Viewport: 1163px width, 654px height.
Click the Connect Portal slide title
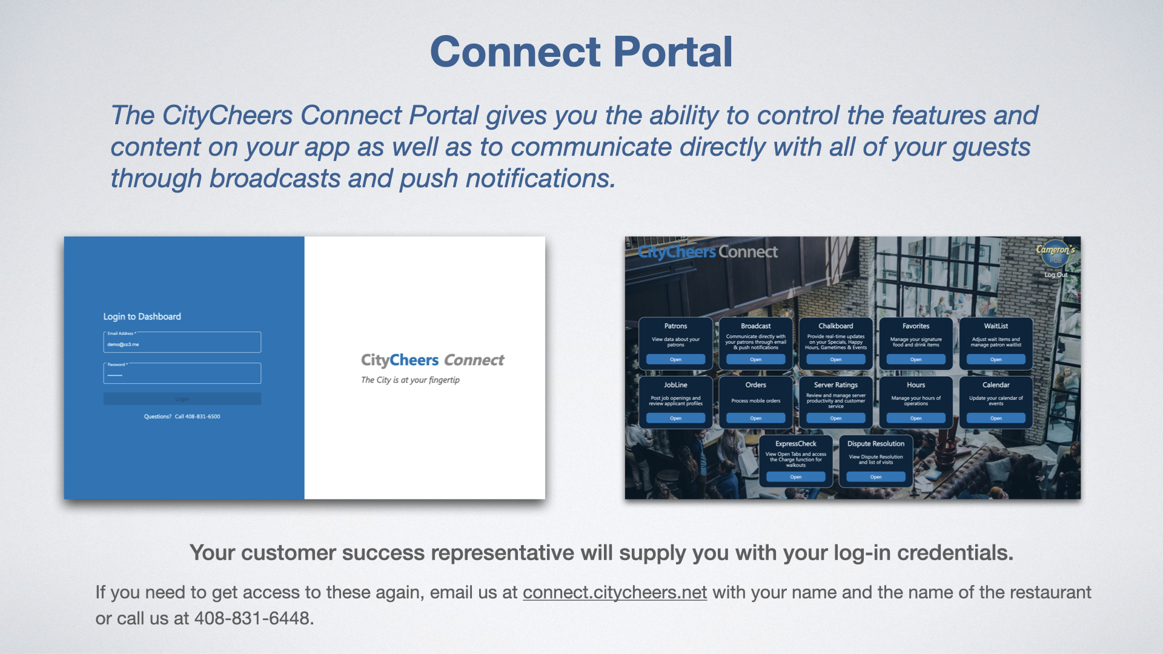click(x=581, y=51)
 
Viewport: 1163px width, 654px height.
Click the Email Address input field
click(x=182, y=343)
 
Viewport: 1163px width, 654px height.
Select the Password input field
click(x=182, y=374)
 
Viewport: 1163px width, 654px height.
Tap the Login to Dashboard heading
click(x=142, y=317)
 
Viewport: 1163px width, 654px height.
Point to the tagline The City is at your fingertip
click(x=410, y=380)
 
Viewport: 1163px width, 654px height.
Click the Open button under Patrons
click(x=675, y=360)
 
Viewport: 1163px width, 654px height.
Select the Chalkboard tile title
click(x=835, y=326)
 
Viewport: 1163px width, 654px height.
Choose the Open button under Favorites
click(x=915, y=360)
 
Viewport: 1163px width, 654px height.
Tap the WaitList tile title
click(x=996, y=326)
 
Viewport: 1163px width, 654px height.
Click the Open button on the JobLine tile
click(x=675, y=418)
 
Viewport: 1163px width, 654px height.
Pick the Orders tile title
click(x=755, y=385)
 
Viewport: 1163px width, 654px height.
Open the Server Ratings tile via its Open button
click(x=835, y=418)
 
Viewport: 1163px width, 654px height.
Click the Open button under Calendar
click(x=996, y=418)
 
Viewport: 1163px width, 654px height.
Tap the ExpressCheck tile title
click(x=795, y=444)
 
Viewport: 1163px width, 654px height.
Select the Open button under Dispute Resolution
click(x=875, y=477)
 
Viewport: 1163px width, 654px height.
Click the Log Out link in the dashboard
click(x=1055, y=275)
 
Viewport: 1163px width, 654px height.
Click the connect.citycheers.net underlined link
click(x=614, y=592)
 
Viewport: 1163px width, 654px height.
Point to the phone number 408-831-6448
click(x=252, y=618)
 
